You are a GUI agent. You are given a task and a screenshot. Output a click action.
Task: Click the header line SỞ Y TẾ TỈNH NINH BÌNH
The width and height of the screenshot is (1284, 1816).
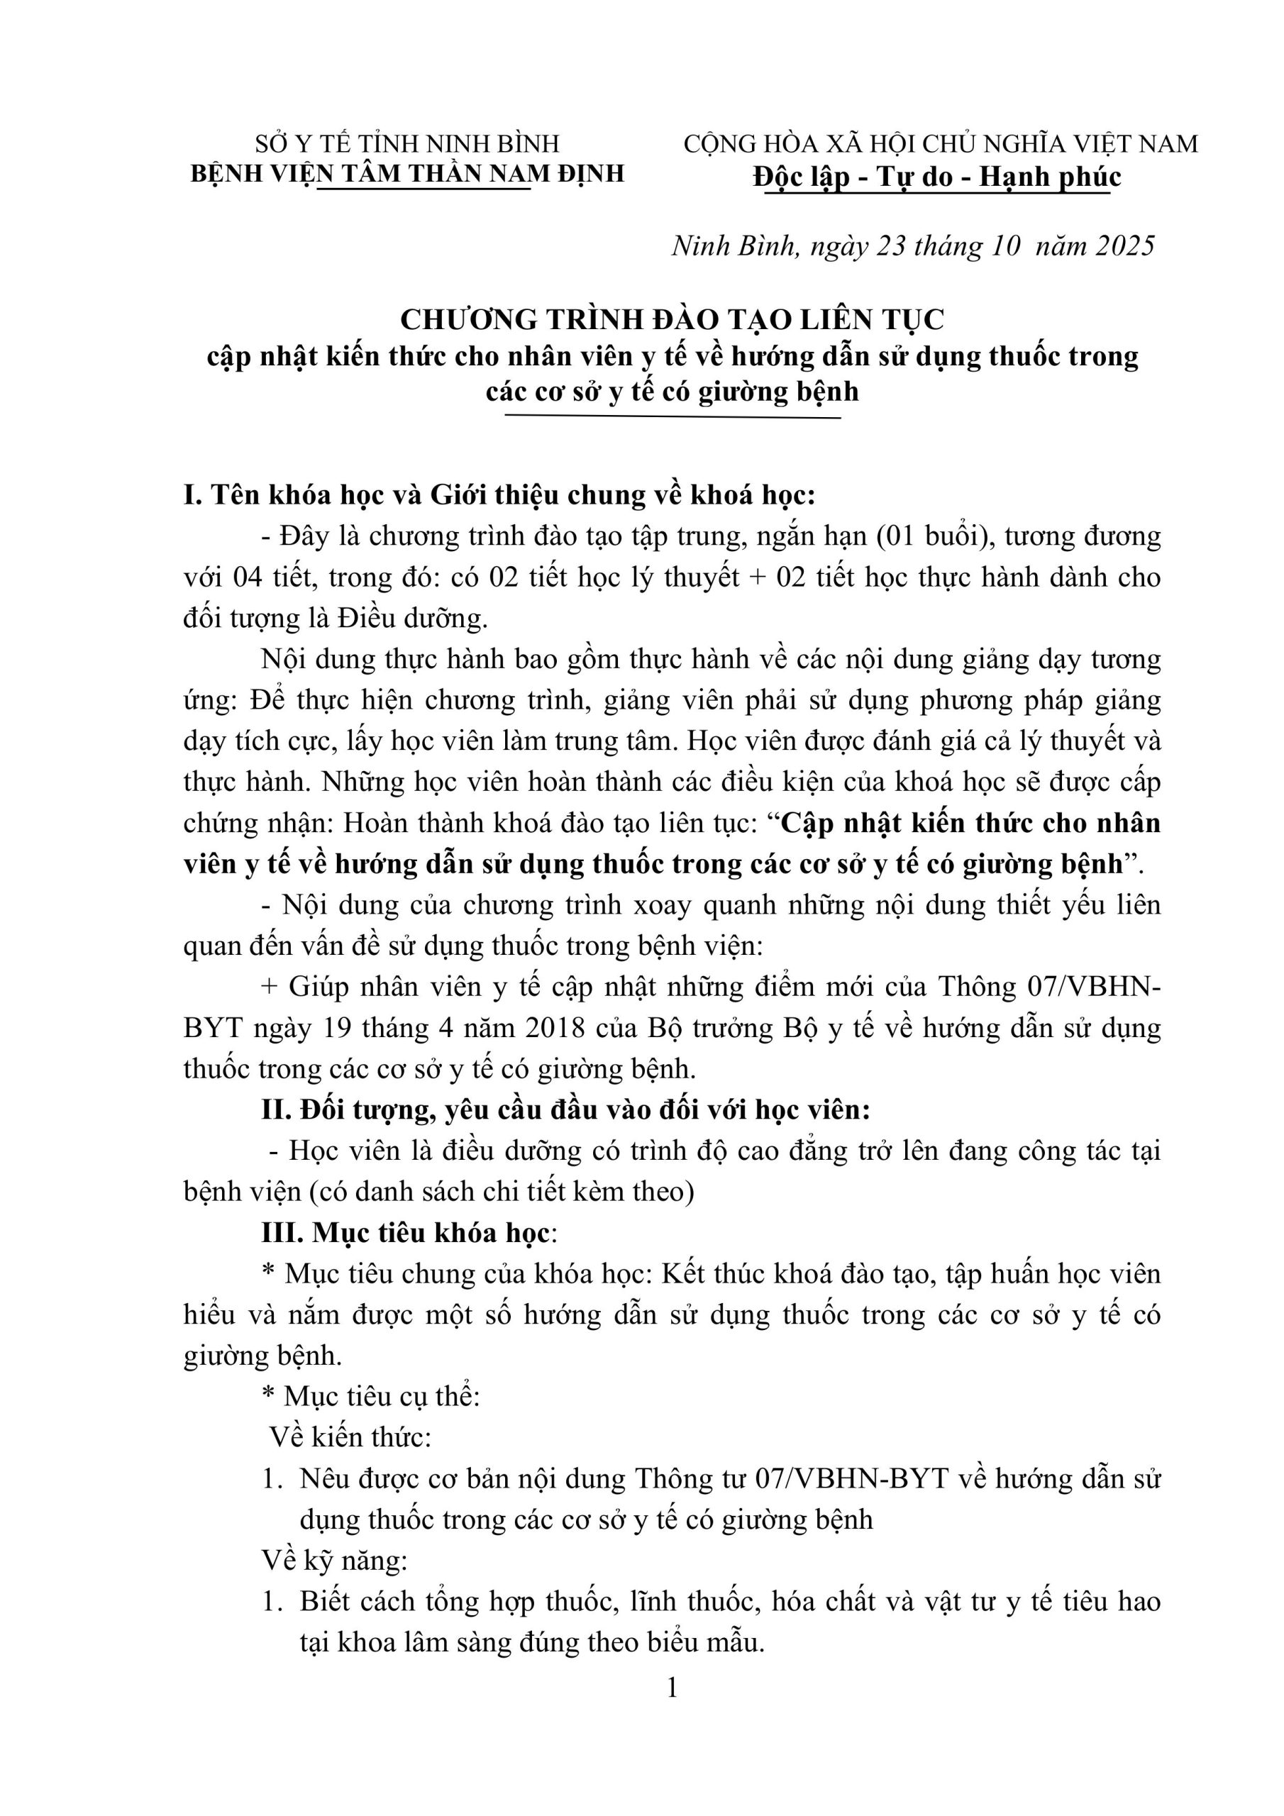point(406,144)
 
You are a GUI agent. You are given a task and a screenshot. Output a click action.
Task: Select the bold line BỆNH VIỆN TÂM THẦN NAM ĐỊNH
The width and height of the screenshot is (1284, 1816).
point(406,173)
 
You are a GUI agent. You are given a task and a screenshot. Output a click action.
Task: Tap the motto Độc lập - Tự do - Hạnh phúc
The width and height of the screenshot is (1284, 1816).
point(936,176)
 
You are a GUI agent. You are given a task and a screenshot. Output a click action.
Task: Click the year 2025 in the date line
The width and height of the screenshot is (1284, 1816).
point(1125,246)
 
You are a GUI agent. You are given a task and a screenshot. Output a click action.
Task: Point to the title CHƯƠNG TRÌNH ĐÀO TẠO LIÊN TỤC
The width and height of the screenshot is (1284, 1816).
point(672,319)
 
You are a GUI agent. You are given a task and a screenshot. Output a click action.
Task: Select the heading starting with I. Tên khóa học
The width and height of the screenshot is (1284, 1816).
point(499,496)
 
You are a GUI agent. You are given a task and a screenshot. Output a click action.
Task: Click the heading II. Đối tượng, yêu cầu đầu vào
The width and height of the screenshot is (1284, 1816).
point(565,1110)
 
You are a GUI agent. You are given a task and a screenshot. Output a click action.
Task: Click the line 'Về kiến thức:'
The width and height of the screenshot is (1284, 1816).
point(350,1437)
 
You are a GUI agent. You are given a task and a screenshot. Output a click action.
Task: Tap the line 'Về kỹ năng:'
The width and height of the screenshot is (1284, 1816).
point(335,1561)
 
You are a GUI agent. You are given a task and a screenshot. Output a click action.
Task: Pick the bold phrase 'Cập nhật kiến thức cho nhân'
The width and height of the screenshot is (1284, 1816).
point(970,824)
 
